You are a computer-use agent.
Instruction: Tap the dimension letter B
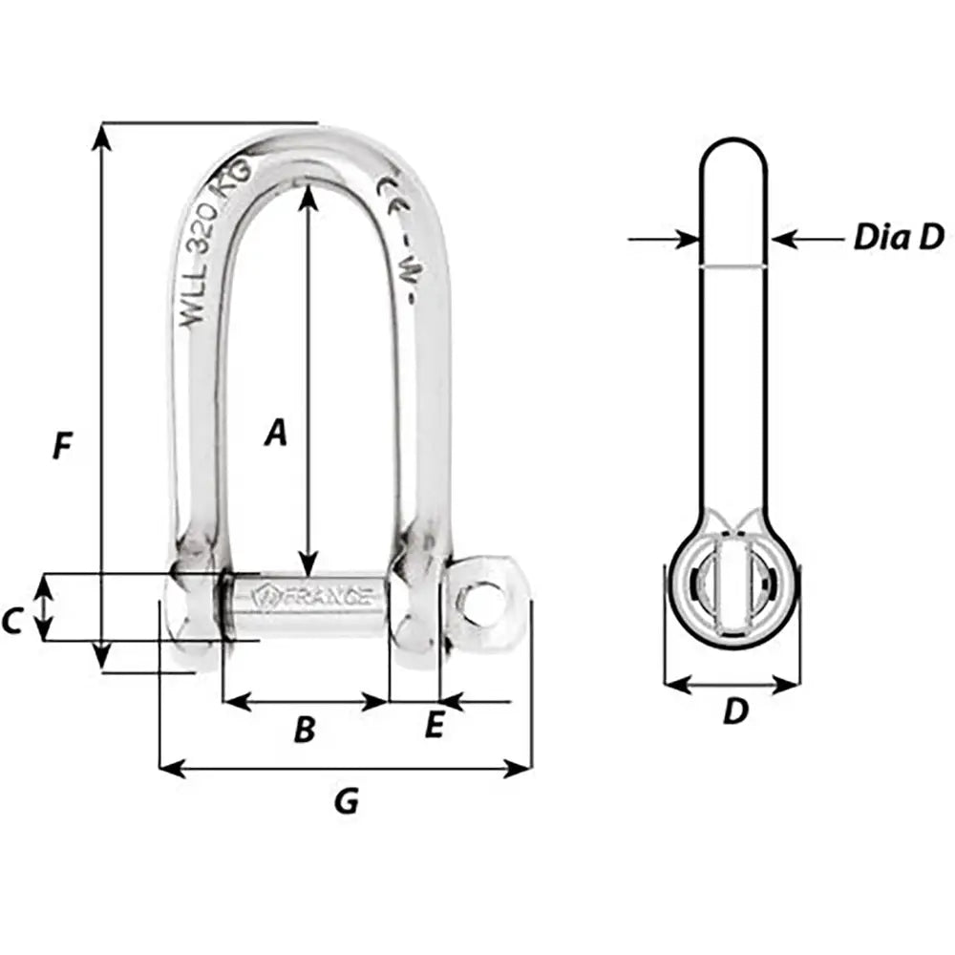coord(304,731)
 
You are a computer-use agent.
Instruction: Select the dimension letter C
coord(11,622)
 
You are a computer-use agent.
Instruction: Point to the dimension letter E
coord(434,728)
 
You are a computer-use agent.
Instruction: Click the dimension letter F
coord(62,446)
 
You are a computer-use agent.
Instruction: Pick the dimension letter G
coord(346,802)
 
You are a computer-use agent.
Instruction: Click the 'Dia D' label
coord(898,237)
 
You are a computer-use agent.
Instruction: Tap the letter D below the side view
coord(733,711)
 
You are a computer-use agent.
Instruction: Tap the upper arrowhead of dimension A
coord(307,195)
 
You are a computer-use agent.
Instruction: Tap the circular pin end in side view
coord(732,585)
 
